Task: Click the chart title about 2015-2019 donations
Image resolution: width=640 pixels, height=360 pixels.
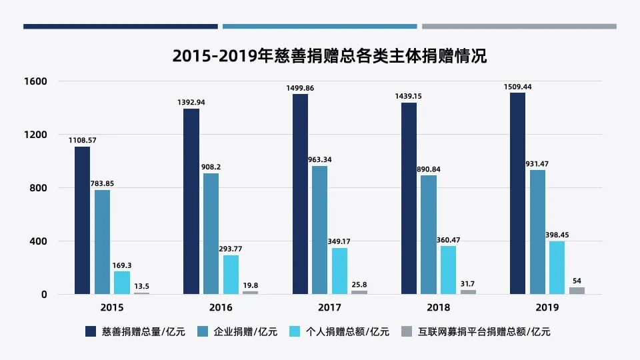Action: coord(329,57)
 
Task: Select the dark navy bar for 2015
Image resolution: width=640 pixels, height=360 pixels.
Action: coord(82,220)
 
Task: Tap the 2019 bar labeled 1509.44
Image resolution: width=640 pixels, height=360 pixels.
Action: coord(517,193)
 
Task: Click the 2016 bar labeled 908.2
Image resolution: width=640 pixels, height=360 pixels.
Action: coord(211,233)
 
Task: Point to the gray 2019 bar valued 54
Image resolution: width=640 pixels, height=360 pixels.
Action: coord(577,291)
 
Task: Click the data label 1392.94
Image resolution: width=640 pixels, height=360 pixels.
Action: coord(191,102)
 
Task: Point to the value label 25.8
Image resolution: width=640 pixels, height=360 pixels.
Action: coord(359,285)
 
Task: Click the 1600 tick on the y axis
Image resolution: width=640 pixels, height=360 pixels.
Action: coord(36,81)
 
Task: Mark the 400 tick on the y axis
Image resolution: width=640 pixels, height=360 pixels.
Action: coord(39,241)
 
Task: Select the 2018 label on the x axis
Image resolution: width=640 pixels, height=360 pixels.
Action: coord(438,307)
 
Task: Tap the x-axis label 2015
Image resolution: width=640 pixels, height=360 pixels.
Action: coord(111,307)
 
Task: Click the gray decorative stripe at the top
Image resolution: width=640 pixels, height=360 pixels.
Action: coord(519,27)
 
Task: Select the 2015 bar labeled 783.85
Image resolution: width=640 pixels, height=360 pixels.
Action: coord(102,242)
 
